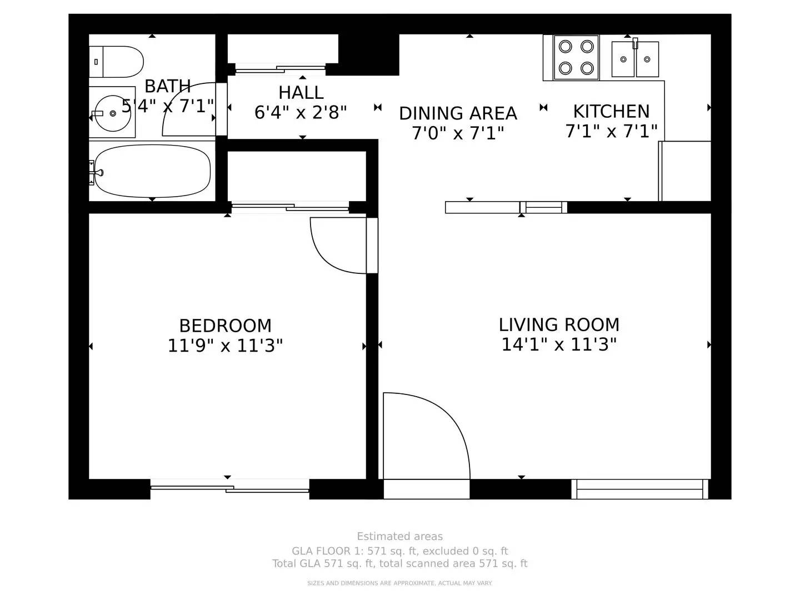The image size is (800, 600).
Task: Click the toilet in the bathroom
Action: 116,62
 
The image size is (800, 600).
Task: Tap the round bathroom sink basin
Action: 113,113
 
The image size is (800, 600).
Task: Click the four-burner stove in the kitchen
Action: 576,57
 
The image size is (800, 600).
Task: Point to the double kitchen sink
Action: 635,59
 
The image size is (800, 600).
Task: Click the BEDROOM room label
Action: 225,326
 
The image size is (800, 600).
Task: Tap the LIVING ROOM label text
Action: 559,324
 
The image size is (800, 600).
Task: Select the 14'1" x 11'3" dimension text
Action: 559,344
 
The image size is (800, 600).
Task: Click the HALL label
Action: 301,93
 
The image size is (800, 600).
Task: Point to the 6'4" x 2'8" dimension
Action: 301,112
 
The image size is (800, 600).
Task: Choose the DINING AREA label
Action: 458,113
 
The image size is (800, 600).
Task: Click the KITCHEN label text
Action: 611,112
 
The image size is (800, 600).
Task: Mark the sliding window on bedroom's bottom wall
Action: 229,489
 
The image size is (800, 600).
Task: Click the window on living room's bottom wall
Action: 639,489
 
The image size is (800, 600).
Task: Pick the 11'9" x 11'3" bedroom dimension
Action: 225,346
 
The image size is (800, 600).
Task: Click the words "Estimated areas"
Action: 400,537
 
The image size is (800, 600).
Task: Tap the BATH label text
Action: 168,86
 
